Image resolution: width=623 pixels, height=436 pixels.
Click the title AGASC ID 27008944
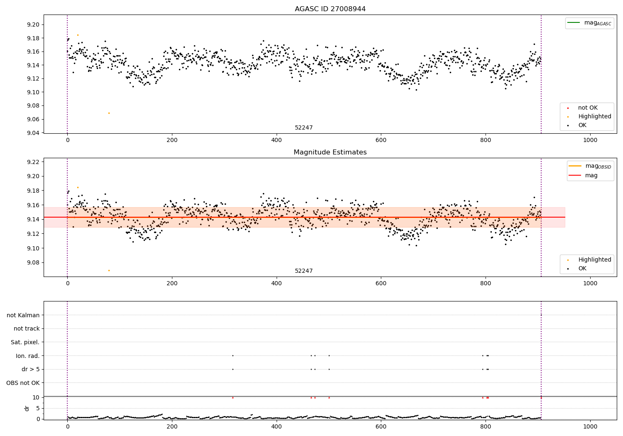pyautogui.click(x=330, y=9)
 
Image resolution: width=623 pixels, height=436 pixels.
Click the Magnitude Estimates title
pyautogui.click(x=330, y=152)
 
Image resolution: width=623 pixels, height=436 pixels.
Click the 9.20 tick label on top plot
pyautogui.click(x=32, y=25)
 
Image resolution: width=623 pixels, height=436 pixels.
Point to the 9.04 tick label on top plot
pyautogui.click(x=32, y=133)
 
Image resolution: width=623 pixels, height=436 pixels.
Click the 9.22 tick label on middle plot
pyautogui.click(x=32, y=162)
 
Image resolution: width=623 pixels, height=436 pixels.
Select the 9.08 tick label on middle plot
pyautogui.click(x=32, y=263)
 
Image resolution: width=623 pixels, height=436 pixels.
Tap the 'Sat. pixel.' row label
pyautogui.click(x=25, y=343)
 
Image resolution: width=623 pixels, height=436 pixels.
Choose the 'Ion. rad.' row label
pyautogui.click(x=27, y=356)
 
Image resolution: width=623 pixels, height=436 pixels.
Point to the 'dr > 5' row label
pyautogui.click(x=30, y=370)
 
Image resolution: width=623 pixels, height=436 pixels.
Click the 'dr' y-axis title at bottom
pyautogui.click(x=27, y=408)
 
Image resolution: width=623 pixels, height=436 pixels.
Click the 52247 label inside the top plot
pyautogui.click(x=304, y=128)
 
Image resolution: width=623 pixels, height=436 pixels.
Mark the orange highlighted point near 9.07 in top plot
pyautogui.click(x=109, y=113)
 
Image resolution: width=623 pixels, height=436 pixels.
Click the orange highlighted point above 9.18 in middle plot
pyautogui.click(x=78, y=187)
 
